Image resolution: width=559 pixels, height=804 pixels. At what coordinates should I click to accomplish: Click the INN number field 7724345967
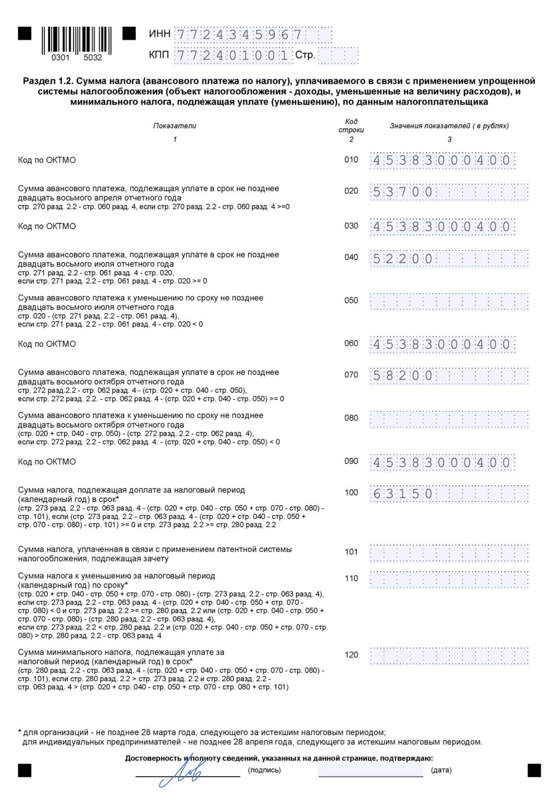coord(253,35)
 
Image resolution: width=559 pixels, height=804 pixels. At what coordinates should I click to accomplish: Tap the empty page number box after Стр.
coord(338,55)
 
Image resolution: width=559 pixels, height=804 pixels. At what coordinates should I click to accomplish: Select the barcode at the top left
coord(76,41)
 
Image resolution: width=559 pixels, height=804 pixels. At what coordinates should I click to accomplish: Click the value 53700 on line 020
coord(403,192)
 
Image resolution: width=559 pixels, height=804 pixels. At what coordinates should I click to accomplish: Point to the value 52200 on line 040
coord(403,259)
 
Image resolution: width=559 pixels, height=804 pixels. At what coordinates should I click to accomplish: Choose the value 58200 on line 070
coord(403,376)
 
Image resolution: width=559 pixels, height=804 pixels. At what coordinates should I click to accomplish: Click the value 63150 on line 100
coord(403,494)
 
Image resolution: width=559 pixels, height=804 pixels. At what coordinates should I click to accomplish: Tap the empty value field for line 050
coord(449,302)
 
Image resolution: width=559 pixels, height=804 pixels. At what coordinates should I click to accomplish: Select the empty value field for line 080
coord(449,419)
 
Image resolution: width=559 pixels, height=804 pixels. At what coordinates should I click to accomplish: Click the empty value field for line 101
coord(449,553)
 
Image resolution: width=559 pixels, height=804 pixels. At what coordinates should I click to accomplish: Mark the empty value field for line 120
coord(449,656)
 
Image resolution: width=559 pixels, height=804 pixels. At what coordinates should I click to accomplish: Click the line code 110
coord(351,578)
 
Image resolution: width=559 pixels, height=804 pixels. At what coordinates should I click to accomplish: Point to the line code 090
coord(351,461)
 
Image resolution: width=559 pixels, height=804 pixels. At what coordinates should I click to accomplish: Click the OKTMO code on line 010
coord(442,160)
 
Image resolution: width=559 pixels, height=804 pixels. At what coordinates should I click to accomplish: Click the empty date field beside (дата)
coord(370,770)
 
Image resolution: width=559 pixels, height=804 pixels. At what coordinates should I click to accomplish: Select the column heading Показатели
coord(175,126)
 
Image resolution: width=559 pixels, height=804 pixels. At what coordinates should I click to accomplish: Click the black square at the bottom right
coord(534,770)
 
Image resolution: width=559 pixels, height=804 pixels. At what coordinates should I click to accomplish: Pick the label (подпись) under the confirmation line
coord(264,770)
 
